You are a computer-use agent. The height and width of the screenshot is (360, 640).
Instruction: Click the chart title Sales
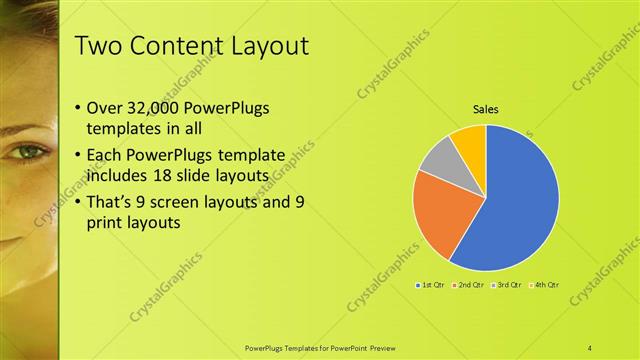tap(486, 109)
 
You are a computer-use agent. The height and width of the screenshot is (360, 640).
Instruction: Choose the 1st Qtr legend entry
tap(430, 285)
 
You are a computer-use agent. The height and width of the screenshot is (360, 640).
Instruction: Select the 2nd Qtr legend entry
tap(469, 285)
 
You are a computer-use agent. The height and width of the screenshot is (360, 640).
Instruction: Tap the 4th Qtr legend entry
tap(543, 285)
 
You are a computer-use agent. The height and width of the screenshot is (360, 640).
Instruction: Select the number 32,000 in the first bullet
tap(160, 107)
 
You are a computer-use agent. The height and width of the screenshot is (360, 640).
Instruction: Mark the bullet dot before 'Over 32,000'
tap(79, 108)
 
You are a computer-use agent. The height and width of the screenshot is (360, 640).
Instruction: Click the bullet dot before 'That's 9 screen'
tap(79, 203)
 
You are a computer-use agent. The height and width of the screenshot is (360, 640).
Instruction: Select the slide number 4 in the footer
tap(591, 347)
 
